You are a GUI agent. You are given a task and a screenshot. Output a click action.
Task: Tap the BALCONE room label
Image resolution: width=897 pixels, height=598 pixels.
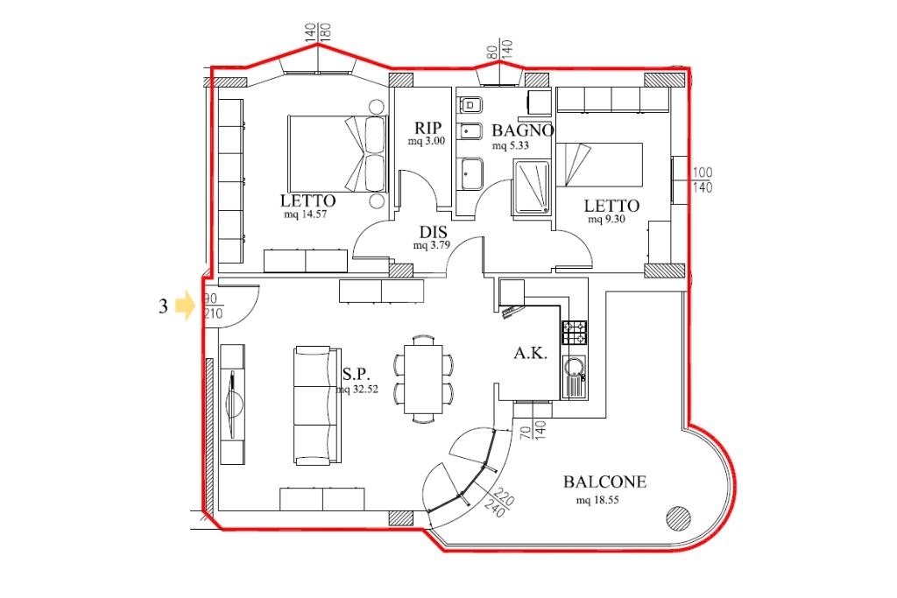tap(604, 482)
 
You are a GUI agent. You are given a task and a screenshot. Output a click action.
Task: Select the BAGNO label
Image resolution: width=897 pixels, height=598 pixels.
tap(523, 130)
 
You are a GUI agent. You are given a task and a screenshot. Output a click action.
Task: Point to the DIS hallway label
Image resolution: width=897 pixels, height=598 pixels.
tap(433, 232)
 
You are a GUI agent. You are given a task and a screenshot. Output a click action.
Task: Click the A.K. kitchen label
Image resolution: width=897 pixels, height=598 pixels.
tap(530, 353)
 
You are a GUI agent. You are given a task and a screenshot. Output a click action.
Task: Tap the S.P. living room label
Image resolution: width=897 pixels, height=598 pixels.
tap(357, 375)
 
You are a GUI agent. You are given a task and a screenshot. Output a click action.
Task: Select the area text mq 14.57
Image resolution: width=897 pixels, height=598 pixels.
tap(306, 215)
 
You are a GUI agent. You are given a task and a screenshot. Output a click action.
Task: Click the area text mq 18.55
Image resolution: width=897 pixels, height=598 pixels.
tap(597, 500)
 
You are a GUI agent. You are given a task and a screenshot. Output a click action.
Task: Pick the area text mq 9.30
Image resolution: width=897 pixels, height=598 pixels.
tap(606, 219)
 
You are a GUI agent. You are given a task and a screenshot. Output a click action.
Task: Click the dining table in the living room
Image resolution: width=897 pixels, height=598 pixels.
tap(423, 378)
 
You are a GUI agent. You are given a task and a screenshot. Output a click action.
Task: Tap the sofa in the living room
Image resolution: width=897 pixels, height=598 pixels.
tap(317, 405)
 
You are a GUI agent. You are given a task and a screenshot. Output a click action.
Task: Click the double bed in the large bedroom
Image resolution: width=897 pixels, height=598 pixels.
tap(337, 154)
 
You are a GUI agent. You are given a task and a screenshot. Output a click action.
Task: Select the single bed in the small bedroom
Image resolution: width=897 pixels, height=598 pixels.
tap(599, 165)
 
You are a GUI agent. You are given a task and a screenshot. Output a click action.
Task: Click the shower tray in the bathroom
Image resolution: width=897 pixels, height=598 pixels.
tap(532, 188)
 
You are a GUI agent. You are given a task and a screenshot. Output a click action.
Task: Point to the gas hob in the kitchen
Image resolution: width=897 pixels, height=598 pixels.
tap(575, 332)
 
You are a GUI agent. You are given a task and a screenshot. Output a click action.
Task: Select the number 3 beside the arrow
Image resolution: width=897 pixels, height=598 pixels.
tap(164, 306)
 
